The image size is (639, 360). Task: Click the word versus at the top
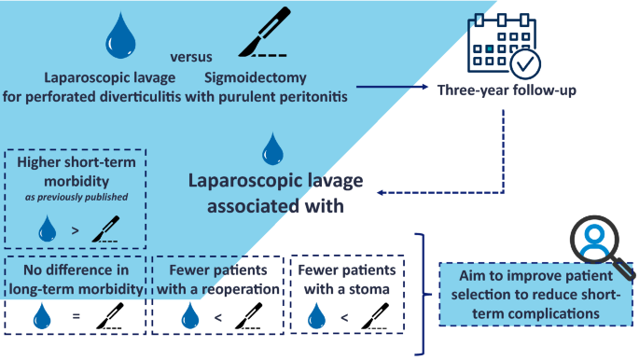point(191,57)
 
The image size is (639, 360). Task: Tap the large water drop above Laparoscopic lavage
point(120,35)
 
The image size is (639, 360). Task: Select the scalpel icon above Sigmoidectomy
point(264,32)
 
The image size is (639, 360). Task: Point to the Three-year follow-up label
point(507,90)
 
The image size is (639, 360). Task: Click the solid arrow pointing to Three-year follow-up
point(392,87)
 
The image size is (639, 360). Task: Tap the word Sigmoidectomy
point(255,77)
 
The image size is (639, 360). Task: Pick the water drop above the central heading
point(272,148)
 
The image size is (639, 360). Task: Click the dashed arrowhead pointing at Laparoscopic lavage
point(381,193)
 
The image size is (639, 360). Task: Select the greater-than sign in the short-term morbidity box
point(75,231)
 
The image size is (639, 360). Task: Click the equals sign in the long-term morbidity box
point(76,315)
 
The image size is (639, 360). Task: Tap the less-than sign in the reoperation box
point(218,317)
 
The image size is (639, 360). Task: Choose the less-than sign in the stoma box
point(344,317)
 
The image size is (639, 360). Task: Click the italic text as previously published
point(76,197)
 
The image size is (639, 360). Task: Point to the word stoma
point(369,289)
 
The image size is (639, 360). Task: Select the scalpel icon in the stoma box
point(374,316)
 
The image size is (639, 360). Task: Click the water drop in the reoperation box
point(190,315)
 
